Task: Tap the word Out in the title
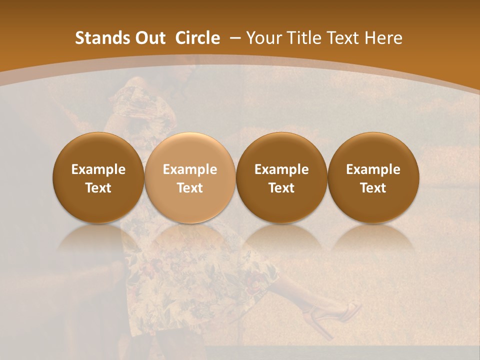[x=148, y=38]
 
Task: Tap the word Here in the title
[x=383, y=38]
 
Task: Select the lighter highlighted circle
[x=189, y=177]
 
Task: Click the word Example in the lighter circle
[x=190, y=169]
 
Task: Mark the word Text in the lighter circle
[x=190, y=188]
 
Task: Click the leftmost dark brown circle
[x=98, y=177]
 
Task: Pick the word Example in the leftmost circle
[x=98, y=169]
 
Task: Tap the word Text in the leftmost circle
[x=98, y=188]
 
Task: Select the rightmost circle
[x=373, y=177]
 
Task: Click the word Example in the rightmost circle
[x=373, y=169]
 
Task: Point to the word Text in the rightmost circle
[x=373, y=188]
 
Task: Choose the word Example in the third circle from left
[x=281, y=169]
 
